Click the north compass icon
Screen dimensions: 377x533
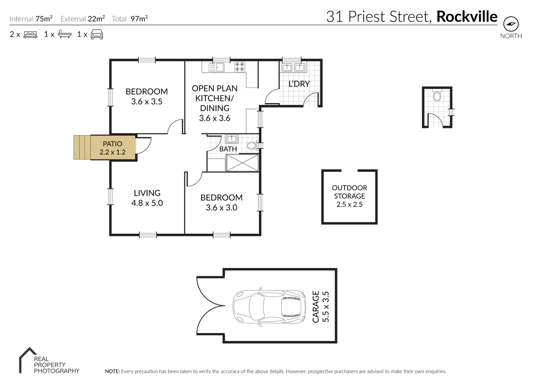511,24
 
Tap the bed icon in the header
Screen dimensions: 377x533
30,35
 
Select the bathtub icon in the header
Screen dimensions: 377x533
65,34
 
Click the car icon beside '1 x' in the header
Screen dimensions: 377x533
97,34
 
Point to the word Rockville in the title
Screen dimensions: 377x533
467,16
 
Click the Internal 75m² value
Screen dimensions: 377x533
44,19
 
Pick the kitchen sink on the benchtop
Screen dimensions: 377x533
217,67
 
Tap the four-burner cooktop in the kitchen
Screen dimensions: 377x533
240,67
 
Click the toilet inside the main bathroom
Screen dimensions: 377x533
252,145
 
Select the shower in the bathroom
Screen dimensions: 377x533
242,163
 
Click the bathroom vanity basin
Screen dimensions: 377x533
232,139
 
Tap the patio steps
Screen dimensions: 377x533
82,147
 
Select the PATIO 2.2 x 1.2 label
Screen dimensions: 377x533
112,148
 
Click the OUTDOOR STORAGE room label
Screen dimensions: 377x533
349,192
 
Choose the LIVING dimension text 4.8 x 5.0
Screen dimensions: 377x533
147,203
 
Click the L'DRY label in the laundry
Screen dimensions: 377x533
299,84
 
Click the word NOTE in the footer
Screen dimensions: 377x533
112,371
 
